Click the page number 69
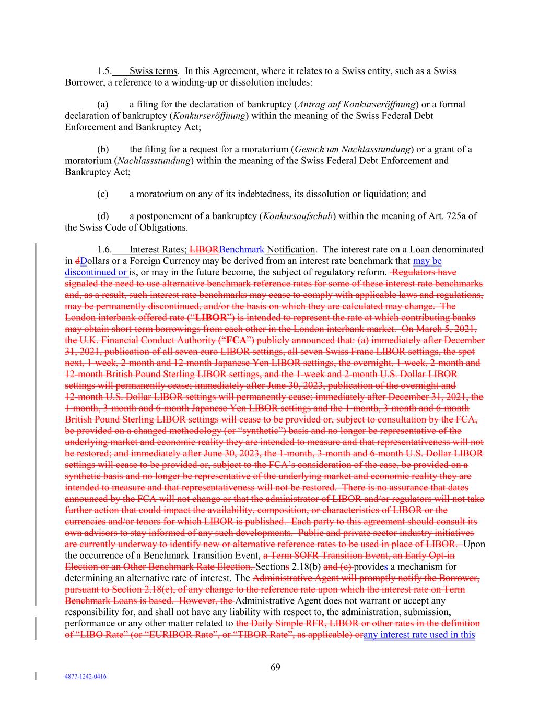click(x=276, y=667)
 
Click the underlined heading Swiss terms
click(x=153, y=71)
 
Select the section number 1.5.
click(x=104, y=71)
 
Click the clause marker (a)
click(x=103, y=104)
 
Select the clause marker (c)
click(x=103, y=194)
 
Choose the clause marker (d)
click(x=103, y=216)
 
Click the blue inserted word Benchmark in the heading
click(x=242, y=249)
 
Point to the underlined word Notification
click(x=291, y=249)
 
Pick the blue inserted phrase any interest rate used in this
click(x=419, y=634)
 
